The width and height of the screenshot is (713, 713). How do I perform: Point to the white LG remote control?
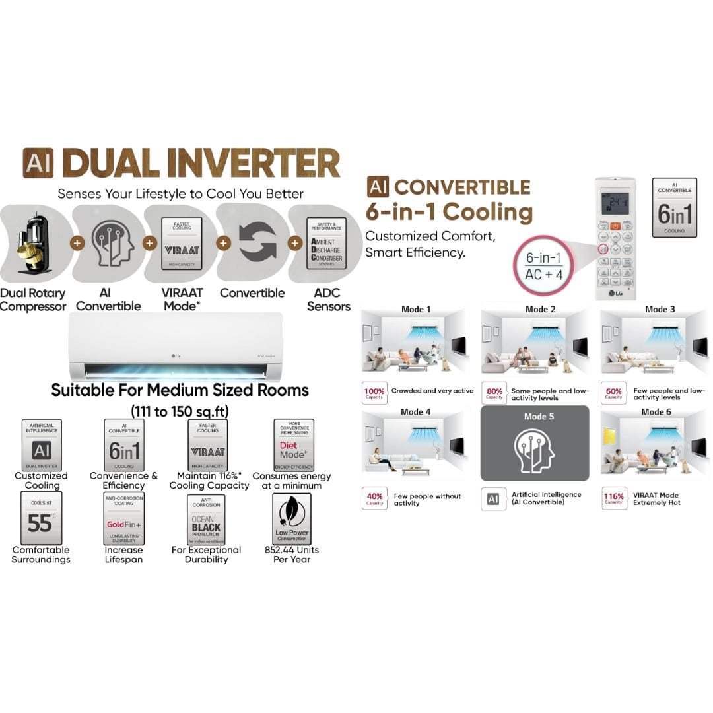(615, 238)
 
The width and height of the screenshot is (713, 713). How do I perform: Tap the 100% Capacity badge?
(374, 393)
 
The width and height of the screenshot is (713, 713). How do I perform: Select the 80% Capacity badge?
(494, 393)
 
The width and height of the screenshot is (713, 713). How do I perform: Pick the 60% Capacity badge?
(613, 393)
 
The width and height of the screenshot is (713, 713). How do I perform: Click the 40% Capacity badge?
(374, 499)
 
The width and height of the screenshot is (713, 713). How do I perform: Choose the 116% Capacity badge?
(613, 499)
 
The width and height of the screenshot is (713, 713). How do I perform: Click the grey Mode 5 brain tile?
(534, 443)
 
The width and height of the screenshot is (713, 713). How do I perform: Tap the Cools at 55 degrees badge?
(41, 518)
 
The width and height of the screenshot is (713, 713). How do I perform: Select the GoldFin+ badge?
(124, 518)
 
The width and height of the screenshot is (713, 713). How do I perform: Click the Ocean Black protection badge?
(206, 519)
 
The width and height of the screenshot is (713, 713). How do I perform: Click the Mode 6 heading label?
(652, 412)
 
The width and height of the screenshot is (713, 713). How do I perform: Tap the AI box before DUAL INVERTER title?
(38, 163)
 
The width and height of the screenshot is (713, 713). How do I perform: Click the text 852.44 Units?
(291, 550)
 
